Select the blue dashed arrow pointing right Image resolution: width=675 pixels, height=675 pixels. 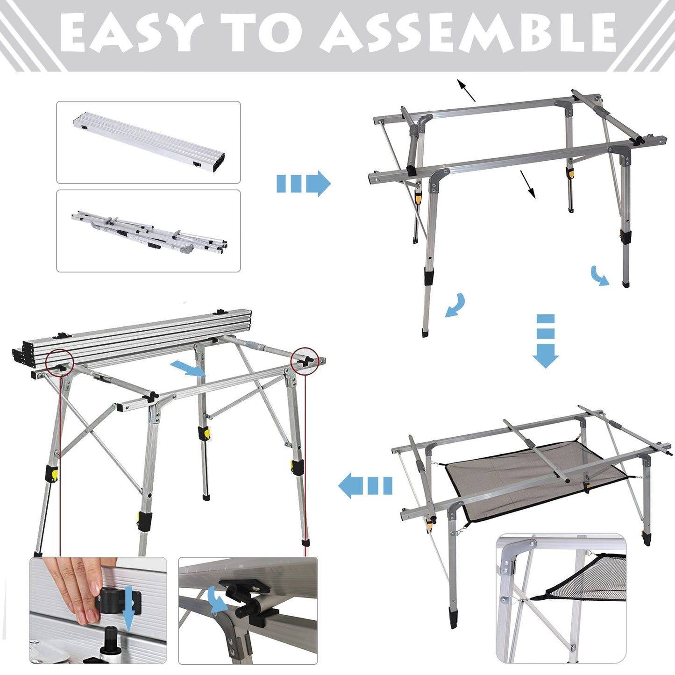[304, 183]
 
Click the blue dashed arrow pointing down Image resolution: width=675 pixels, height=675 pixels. [546, 341]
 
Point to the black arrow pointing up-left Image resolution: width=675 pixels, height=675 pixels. [466, 90]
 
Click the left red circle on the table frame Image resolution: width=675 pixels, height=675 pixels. [60, 362]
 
